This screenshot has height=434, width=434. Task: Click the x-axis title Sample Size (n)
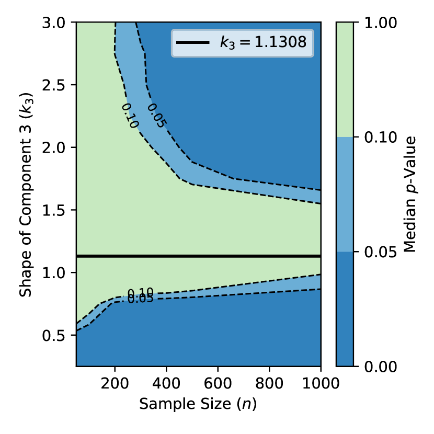(198, 404)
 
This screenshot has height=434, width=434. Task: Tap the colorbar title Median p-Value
(410, 194)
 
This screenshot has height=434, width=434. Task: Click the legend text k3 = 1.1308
(262, 42)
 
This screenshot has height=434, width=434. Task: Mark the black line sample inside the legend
(193, 42)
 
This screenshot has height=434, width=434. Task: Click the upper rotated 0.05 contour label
(156, 116)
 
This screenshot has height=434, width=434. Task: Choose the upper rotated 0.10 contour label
(130, 116)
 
